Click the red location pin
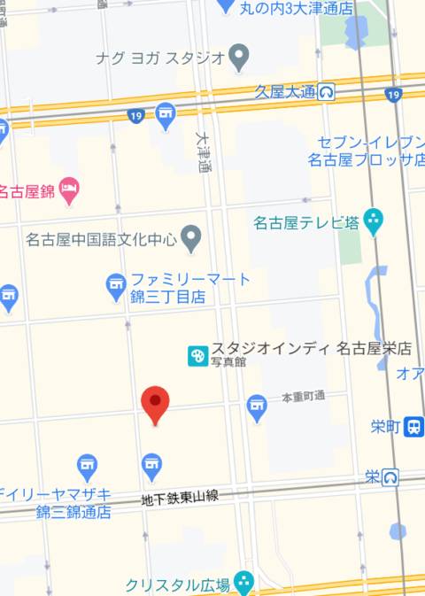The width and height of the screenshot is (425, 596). point(156,404)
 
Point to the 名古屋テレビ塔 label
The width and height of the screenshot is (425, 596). point(305,221)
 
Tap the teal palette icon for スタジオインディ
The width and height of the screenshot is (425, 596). point(197,356)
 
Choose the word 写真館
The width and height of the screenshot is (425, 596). point(228,362)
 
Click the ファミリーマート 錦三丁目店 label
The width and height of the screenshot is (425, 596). point(189,289)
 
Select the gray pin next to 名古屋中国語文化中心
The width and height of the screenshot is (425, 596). point(191,237)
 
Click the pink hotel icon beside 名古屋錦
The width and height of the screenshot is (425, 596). point(69,189)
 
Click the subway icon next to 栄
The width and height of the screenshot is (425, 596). point(390,477)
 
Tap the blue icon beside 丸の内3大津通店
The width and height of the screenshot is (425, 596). point(227,6)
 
